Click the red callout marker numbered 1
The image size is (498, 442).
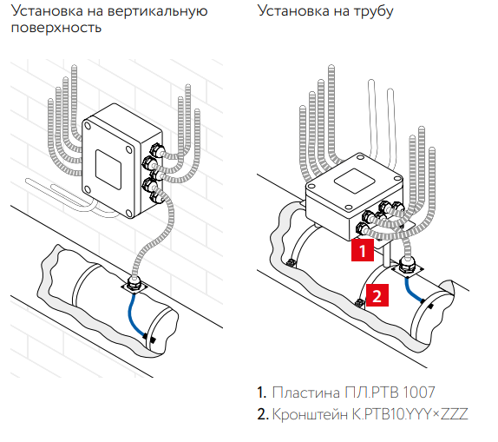[x=363, y=250]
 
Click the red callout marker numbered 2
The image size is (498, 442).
[x=377, y=295]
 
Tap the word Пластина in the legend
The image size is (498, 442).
[x=306, y=393]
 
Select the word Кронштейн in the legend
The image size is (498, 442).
[x=310, y=414]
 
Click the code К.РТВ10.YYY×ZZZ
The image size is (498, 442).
[x=410, y=414]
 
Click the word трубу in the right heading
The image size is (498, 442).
[x=373, y=12]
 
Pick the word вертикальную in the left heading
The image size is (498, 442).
[x=158, y=11]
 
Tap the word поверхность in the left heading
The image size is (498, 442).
[x=56, y=28]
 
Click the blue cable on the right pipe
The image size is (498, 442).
[x=412, y=290]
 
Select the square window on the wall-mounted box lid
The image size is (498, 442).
[x=108, y=170]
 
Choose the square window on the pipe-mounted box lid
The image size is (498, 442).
[x=354, y=181]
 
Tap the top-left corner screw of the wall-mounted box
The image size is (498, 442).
[x=87, y=126]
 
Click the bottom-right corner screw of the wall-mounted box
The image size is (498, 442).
[x=128, y=213]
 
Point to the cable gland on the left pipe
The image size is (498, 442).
[x=134, y=284]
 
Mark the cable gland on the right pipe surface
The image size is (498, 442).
[x=407, y=266]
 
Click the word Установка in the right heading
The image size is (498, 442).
[x=293, y=10]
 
